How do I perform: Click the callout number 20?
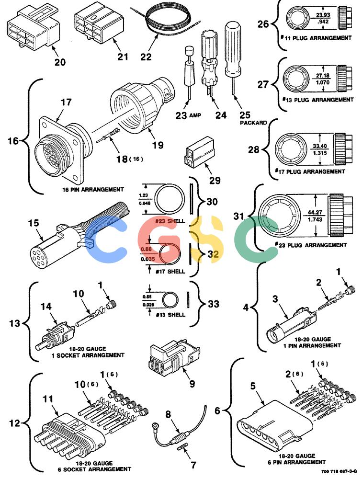point(60,62)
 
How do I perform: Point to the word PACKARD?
point(253,123)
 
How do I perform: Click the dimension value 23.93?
point(323,15)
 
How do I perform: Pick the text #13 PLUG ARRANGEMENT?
point(317,100)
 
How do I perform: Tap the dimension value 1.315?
point(320,153)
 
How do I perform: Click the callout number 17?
point(66,102)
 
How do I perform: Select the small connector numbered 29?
point(199,151)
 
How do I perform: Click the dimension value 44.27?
point(315,212)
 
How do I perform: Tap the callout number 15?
point(34,223)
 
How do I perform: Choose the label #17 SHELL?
point(170,271)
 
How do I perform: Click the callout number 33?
point(214,304)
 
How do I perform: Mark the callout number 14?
point(46,307)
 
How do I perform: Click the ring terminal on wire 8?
point(156,425)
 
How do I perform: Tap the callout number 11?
point(48,399)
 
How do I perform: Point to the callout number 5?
point(253,386)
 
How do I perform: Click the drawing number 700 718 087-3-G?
point(339,472)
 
